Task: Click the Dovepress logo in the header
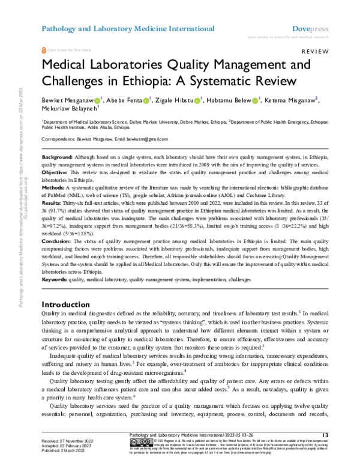coord(308,28)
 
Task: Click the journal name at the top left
coord(127,28)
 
